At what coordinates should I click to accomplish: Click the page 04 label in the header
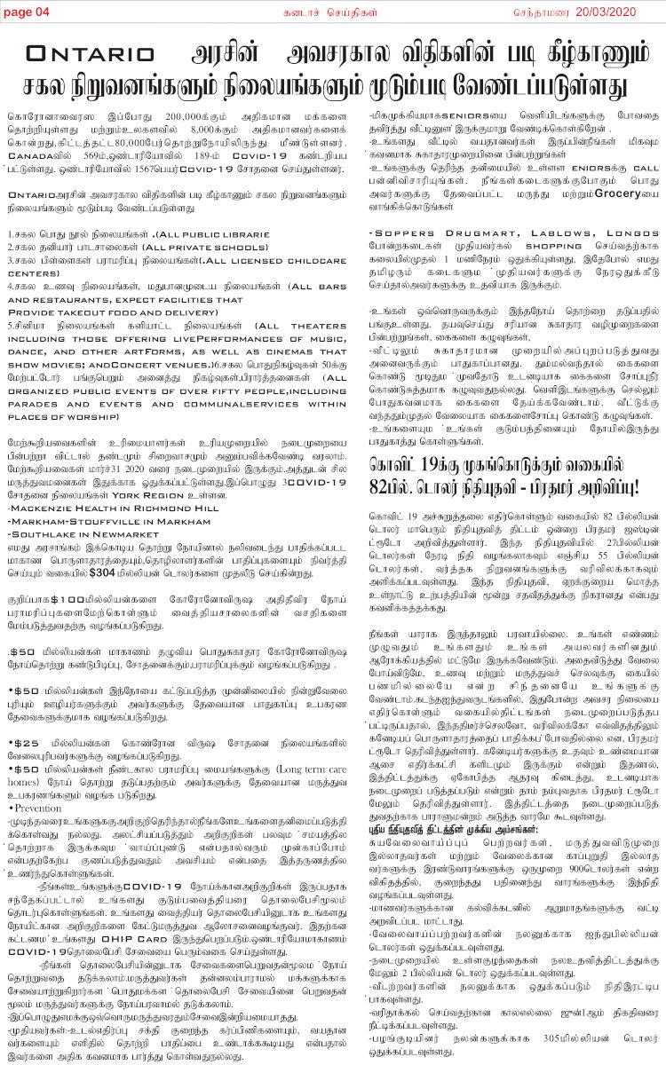point(28,10)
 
